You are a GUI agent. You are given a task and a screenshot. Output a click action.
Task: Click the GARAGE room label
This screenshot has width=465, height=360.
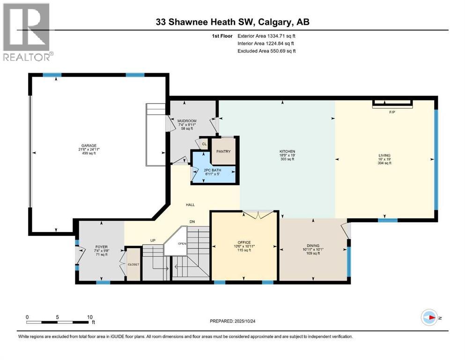(88, 145)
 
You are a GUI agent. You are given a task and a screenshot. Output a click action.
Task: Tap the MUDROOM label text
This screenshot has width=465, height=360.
(186, 121)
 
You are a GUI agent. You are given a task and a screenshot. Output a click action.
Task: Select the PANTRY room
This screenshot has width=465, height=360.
(222, 152)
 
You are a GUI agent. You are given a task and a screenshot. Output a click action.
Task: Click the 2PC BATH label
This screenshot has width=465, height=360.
(213, 170)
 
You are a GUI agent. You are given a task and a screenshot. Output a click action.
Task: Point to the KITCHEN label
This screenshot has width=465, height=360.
(287, 151)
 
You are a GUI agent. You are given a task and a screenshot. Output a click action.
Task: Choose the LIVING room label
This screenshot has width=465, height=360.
(384, 155)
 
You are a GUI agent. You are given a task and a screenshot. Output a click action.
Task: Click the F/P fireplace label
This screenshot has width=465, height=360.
(392, 112)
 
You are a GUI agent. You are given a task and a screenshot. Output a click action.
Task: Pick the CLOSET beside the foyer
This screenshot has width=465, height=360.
(133, 264)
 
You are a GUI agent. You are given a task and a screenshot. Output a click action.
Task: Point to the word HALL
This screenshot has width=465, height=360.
(190, 204)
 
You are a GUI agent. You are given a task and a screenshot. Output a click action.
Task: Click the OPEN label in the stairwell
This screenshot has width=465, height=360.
(182, 243)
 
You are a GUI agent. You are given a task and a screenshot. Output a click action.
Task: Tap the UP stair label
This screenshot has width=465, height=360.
(152, 240)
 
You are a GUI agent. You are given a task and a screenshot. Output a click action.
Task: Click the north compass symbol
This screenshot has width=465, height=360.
(429, 317)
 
